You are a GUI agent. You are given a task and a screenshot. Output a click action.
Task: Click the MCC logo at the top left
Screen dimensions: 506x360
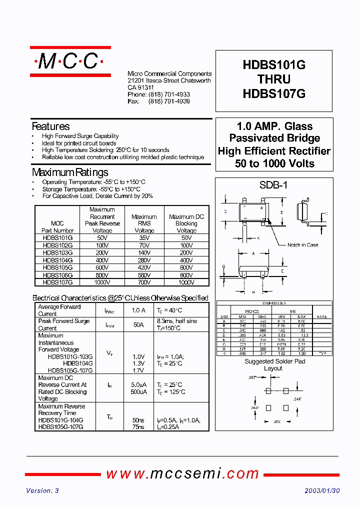coord(70,61)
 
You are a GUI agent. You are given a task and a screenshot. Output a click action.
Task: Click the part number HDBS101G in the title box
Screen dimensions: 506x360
coord(273,65)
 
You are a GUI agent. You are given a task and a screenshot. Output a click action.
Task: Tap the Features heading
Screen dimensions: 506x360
coord(50,126)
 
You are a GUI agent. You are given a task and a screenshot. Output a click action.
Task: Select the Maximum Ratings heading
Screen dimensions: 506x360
coord(70,172)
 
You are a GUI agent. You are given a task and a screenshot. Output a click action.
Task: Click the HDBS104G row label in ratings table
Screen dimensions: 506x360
coord(57,260)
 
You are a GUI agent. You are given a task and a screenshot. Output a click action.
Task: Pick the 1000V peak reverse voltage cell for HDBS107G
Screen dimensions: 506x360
coord(102,282)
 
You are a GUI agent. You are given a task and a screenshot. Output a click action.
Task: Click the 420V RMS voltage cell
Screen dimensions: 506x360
coord(144,267)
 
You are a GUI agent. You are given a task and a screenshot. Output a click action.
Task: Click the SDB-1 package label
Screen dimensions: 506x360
coord(273,185)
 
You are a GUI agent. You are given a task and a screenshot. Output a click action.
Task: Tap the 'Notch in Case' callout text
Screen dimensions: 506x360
coord(302,245)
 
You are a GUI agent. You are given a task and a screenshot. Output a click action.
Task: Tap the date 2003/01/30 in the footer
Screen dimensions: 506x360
coord(322,491)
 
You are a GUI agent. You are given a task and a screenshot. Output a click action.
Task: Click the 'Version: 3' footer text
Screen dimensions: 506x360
coord(42,491)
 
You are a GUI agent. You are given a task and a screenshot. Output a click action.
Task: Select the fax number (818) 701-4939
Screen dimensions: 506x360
coord(169,101)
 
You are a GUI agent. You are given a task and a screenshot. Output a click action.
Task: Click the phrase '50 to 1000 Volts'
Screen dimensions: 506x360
coord(274,163)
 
